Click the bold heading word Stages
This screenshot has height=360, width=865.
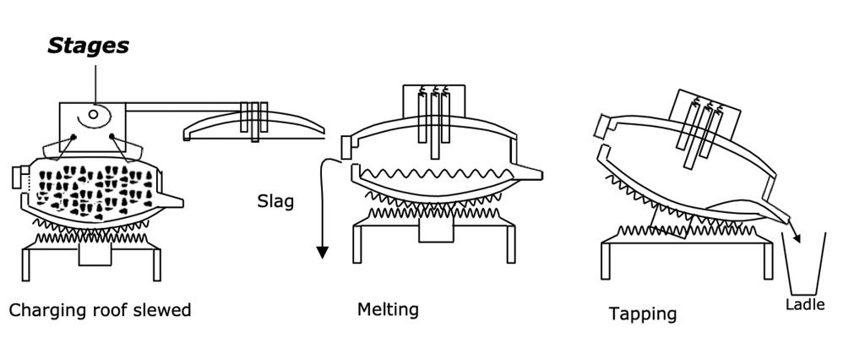pyautogui.click(x=89, y=46)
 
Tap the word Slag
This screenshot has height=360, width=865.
pyautogui.click(x=275, y=201)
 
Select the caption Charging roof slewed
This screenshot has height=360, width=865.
pyautogui.click(x=101, y=310)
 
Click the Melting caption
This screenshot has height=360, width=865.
pyautogui.click(x=388, y=309)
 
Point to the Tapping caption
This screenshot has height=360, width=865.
pyautogui.click(x=643, y=314)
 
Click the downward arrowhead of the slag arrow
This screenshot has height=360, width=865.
pyautogui.click(x=322, y=252)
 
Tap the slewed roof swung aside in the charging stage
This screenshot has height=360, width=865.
pyautogui.click(x=253, y=126)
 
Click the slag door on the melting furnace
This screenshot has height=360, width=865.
pyautogui.click(x=346, y=146)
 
